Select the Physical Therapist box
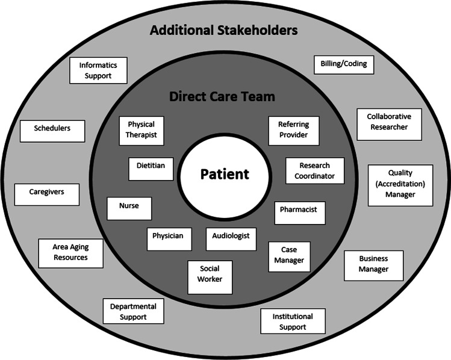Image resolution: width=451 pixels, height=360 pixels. (x=142, y=130)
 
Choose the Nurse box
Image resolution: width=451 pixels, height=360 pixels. (x=129, y=207)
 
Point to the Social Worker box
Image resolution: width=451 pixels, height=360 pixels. (x=209, y=276)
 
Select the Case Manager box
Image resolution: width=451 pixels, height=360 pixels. (x=290, y=256)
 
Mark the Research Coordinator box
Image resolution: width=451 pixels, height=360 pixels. (x=315, y=171)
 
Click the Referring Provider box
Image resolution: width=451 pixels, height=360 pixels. (x=293, y=130)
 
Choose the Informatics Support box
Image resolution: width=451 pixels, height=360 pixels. (x=99, y=70)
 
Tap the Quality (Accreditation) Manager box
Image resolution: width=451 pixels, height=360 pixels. (x=400, y=185)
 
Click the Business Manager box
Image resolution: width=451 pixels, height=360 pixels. (x=374, y=265)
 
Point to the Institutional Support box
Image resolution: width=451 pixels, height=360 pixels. (x=293, y=321)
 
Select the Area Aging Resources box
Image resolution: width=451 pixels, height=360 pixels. (x=70, y=252)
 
